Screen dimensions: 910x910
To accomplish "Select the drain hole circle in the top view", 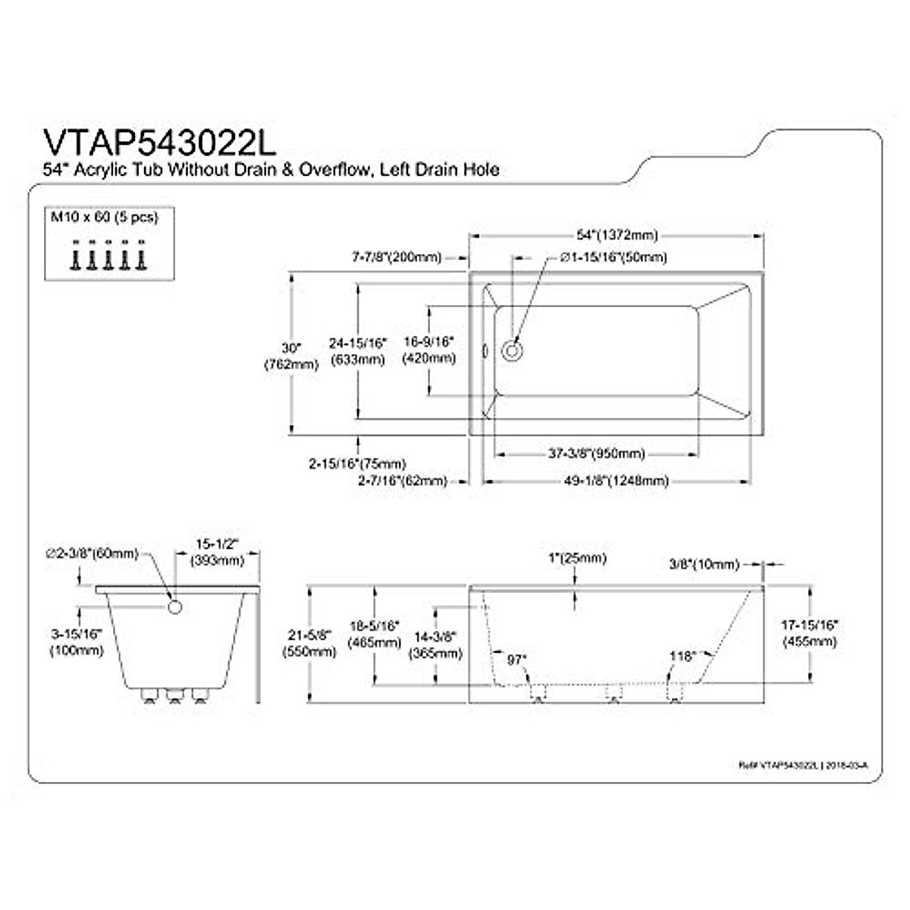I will point(513,351).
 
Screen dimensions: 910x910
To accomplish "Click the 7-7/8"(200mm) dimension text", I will point(397,258).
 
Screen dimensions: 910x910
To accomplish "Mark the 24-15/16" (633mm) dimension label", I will point(357,351).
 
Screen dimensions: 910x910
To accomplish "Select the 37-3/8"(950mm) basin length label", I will point(596,453).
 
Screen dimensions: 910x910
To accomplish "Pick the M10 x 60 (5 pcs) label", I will point(104,217).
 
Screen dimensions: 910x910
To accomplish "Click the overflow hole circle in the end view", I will point(174,607).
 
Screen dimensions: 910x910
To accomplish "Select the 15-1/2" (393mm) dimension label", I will point(218,553).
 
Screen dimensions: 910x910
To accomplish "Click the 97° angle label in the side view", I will point(516,660).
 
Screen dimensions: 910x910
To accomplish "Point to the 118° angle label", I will point(682,657).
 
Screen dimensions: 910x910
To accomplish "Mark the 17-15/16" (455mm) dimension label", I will point(809,633).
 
